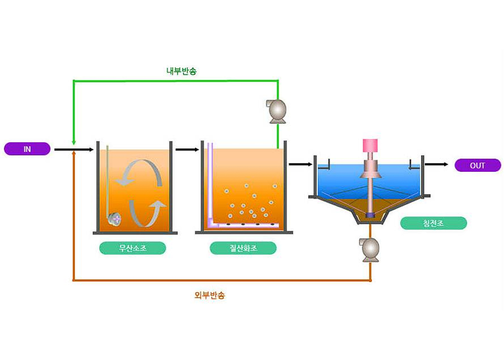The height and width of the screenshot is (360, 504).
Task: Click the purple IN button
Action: (x=27, y=149)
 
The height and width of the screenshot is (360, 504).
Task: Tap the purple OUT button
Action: (x=477, y=166)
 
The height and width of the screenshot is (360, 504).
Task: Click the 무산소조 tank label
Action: (x=132, y=248)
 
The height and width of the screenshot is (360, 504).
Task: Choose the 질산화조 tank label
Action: (x=243, y=248)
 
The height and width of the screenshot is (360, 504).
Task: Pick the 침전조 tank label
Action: (x=433, y=223)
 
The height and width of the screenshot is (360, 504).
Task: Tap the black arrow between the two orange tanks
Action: (x=187, y=149)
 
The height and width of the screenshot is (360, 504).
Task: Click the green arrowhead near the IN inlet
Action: (x=73, y=142)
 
